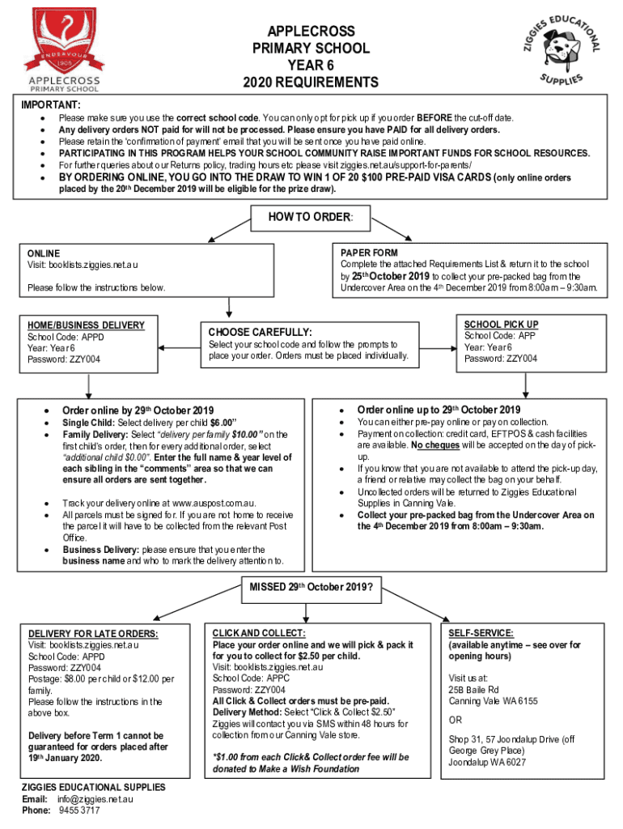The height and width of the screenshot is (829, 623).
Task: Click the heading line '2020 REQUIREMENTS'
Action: point(311,82)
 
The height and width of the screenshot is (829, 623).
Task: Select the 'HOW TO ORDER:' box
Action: point(310,216)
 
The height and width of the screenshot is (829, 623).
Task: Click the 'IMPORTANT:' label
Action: point(50,105)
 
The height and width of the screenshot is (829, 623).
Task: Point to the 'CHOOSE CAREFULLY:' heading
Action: point(261,332)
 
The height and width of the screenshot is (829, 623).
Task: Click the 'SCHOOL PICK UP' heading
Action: point(501,324)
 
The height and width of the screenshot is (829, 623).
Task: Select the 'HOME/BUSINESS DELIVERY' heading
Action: point(86,325)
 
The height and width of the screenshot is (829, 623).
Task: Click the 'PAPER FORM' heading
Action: point(369,253)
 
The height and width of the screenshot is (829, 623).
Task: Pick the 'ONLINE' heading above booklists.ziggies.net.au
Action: point(44,253)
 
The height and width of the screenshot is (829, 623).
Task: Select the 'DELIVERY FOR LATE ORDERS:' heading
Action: point(93,633)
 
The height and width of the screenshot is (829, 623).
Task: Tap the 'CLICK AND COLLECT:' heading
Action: point(258,632)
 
